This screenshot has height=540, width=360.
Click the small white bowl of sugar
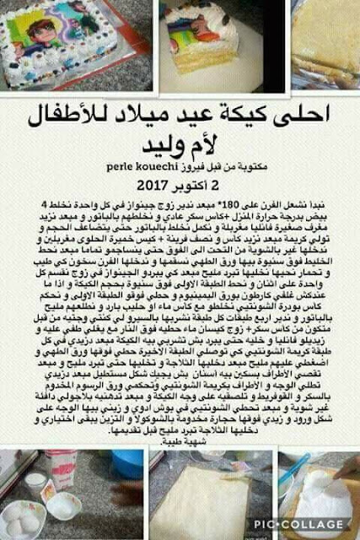click(x=62, y=506)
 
